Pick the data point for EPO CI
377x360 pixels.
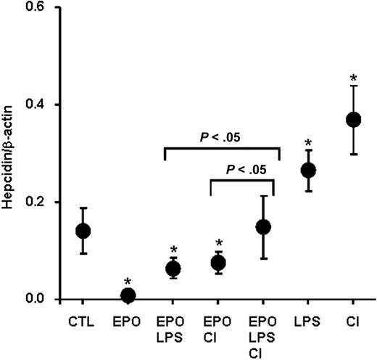click(218, 263)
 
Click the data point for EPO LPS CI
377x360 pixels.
click(263, 227)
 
